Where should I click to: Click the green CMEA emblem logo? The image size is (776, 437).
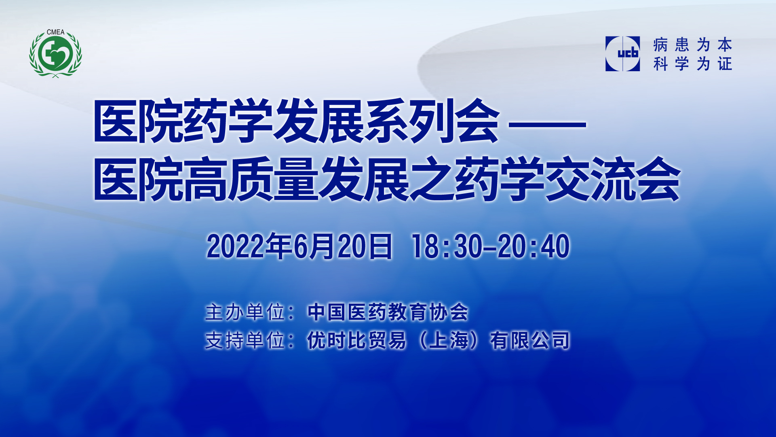55,53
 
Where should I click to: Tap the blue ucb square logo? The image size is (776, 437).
622,54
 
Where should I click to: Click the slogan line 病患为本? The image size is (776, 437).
693,45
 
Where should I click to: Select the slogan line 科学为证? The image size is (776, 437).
693,64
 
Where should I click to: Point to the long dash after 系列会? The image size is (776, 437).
547,124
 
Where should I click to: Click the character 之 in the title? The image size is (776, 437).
432,179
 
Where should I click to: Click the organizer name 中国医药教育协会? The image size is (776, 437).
388,312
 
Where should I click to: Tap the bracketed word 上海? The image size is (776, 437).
449,340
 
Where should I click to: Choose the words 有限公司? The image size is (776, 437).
530,340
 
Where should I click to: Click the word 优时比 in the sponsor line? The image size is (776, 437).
337,340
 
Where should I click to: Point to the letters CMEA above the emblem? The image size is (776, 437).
55,32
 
